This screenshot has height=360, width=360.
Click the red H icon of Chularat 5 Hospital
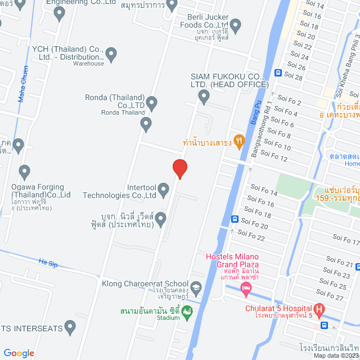[319, 308]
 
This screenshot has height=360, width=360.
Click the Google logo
[19, 353]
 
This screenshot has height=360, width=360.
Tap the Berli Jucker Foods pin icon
[236, 25]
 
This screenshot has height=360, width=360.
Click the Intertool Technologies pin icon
[164, 190]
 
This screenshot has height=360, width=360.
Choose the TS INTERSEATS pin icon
[70, 326]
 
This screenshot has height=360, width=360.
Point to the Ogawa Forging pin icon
[24, 170]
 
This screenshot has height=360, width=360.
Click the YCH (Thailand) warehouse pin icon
[111, 55]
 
